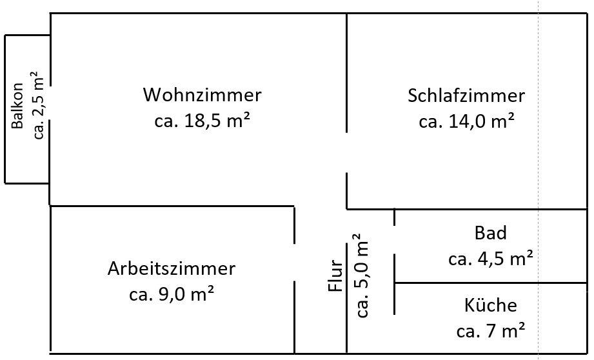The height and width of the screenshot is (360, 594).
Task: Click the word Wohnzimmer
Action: tap(202, 95)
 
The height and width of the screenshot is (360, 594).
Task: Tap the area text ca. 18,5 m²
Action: tap(202, 121)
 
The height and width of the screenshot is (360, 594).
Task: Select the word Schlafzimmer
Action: tap(466, 96)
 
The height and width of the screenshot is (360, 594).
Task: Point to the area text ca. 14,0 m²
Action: tap(466, 121)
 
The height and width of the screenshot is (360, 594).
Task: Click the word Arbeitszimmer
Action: tap(172, 269)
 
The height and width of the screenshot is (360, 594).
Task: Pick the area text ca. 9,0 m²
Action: tap(172, 295)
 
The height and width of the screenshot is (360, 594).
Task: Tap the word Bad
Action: tap(490, 233)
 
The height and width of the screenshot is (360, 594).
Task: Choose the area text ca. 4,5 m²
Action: tap(490, 259)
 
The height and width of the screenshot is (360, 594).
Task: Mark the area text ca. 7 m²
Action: tap(490, 332)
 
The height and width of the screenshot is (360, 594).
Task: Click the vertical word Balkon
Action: tap(18, 107)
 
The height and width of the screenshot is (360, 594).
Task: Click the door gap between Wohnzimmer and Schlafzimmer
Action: tap(347, 152)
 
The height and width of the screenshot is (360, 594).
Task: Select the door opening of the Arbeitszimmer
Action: tap(294, 263)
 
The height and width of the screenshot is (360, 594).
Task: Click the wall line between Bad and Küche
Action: tap(490, 283)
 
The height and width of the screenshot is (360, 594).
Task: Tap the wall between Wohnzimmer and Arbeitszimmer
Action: tap(172, 206)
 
